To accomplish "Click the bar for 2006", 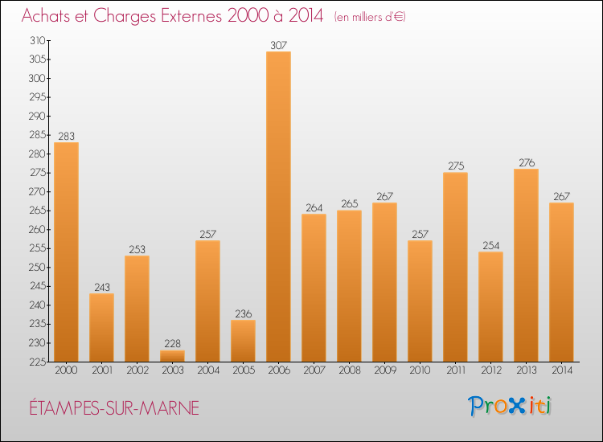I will click(278, 207).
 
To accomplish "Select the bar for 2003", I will click(172, 355).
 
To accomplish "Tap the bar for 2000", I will click(66, 252).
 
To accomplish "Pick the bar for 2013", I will click(526, 265).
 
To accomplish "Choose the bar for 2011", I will click(455, 267).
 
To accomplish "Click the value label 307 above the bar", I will click(278, 45).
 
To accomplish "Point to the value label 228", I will click(172, 343).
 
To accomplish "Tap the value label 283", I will click(66, 136).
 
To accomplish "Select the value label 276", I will click(526, 162).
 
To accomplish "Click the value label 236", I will click(243, 313).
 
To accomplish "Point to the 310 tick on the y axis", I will click(37, 40).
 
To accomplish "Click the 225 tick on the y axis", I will click(37, 362).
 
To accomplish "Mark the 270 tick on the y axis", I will click(37, 191).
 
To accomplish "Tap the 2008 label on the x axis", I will click(349, 371).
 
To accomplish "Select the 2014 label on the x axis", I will click(561, 371).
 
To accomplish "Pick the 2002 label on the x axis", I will click(137, 371).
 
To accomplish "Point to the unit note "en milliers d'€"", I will click(369, 17).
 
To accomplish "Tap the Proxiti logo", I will click(510, 406).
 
